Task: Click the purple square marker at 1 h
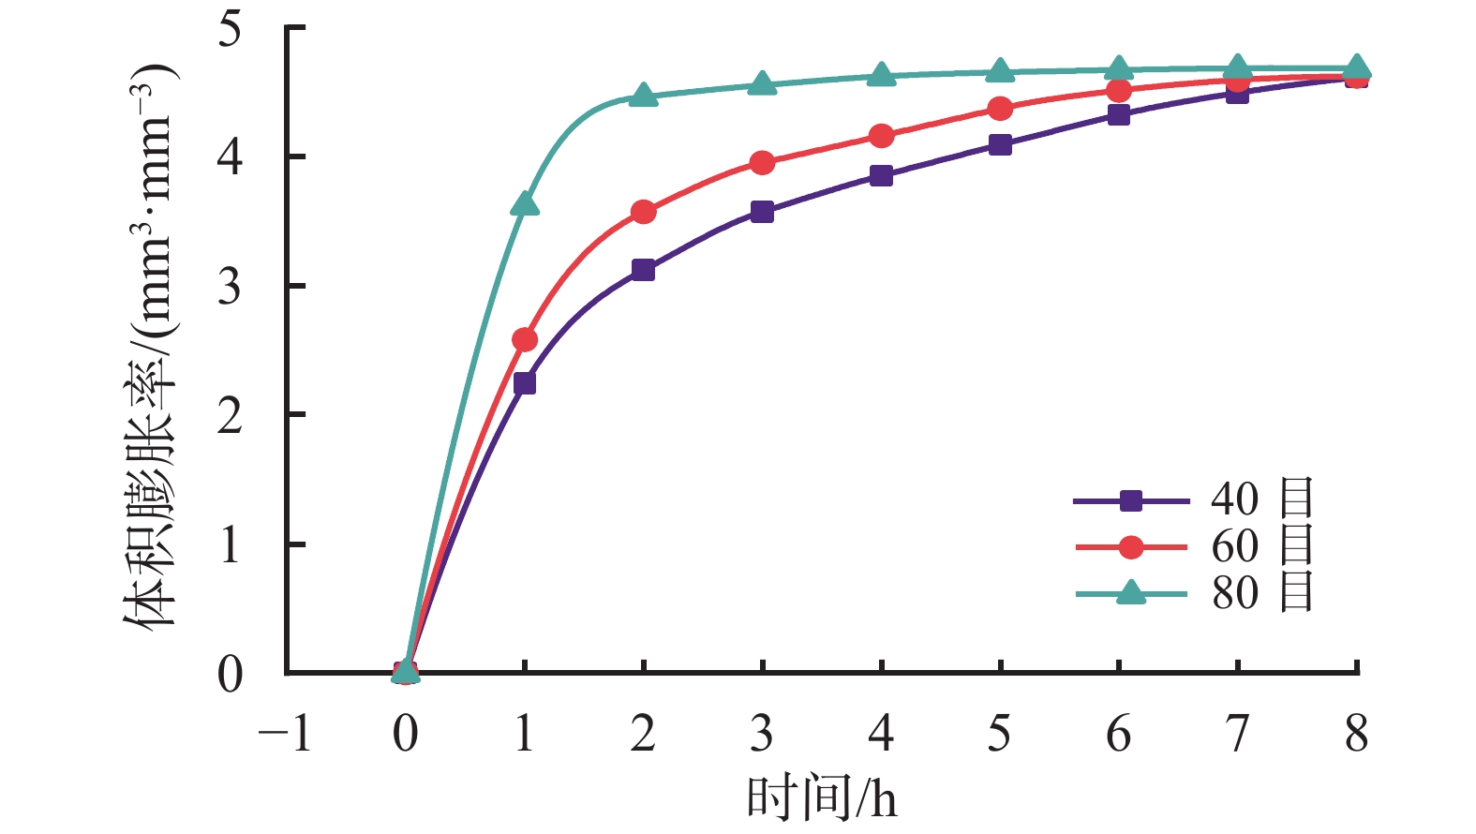point(525,383)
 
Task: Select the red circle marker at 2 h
point(644,212)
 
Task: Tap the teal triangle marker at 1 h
point(525,203)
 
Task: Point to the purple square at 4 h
point(881,175)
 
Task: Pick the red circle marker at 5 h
point(1000,109)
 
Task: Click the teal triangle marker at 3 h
point(763,84)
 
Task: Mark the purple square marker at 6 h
point(1119,115)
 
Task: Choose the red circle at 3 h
point(763,163)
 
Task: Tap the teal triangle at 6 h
point(1119,68)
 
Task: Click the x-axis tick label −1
point(285,734)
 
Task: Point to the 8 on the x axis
point(1356,734)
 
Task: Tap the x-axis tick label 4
point(881,734)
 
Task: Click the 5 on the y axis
point(230,28)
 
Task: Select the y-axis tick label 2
point(230,415)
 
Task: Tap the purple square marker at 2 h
point(644,270)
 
